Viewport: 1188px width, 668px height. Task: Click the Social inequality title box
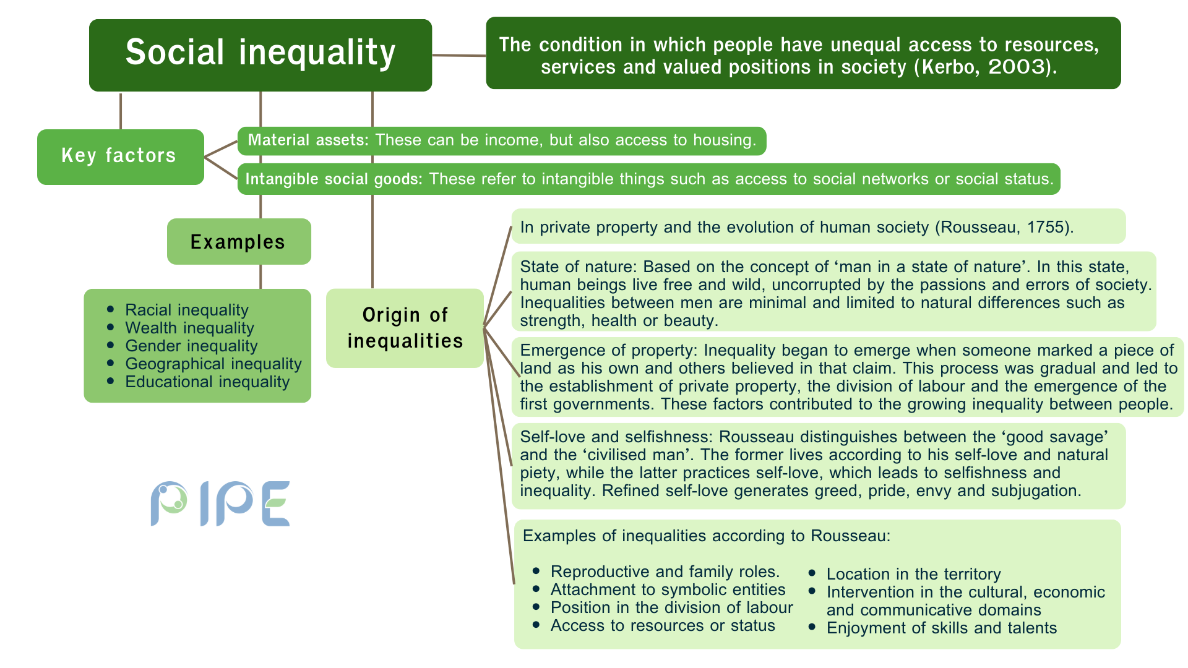[x=260, y=55]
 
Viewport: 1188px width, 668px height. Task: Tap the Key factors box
[x=121, y=156]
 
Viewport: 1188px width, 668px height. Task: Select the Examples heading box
[x=239, y=241]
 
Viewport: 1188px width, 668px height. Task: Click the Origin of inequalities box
[x=405, y=328]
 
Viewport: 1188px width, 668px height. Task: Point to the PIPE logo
[x=220, y=503]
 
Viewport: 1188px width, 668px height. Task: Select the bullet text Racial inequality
[x=187, y=310]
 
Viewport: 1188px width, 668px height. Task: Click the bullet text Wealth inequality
[x=189, y=328]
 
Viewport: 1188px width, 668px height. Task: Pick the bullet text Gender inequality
[x=191, y=346]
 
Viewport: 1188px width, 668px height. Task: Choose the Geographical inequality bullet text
[x=213, y=364]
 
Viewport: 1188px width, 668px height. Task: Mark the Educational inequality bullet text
[x=207, y=382]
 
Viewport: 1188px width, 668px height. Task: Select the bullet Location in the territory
[x=913, y=574]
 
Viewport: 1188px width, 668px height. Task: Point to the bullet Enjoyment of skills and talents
[x=942, y=628]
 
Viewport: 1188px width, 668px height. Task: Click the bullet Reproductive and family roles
[x=665, y=572]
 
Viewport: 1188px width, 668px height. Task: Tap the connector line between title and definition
[x=459, y=56]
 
